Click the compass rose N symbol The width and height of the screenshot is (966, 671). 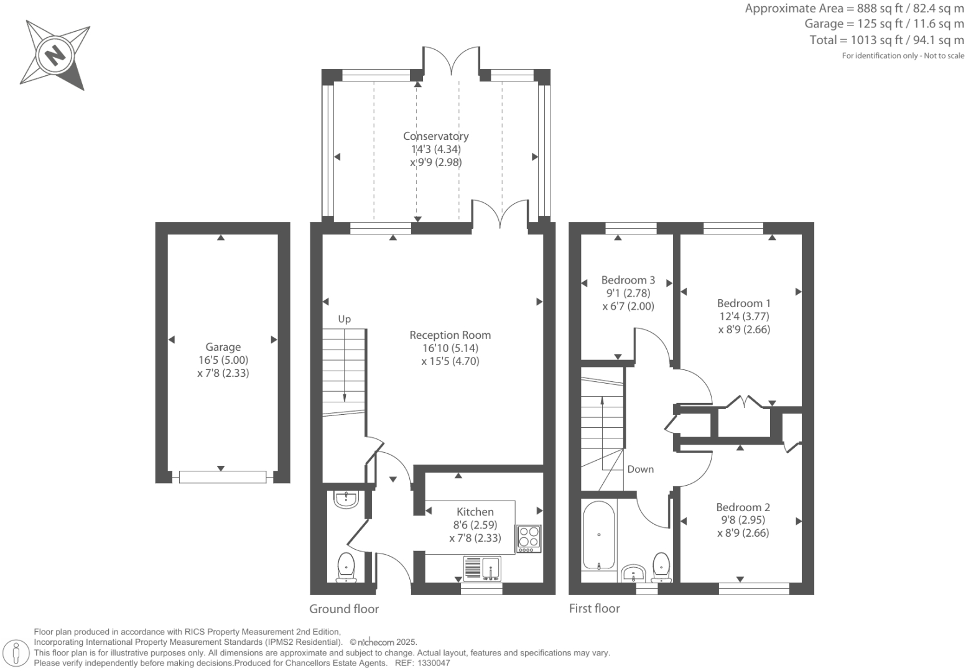coord(55,55)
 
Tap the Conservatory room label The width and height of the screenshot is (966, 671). coord(435,136)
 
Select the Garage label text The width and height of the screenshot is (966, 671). coord(223,347)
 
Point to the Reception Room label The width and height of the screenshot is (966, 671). coord(450,335)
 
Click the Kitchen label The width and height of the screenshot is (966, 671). coord(475,512)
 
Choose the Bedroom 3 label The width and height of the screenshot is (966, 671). coord(628,280)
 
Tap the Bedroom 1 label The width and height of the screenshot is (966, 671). coord(744,303)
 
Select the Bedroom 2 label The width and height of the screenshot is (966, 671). coord(743,507)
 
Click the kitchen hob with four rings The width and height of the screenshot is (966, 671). coord(529,539)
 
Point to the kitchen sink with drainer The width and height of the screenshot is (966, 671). coord(482,568)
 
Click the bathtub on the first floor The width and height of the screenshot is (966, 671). coord(599,535)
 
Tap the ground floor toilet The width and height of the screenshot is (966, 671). coord(346,568)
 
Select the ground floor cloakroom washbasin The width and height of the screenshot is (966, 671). coord(346,499)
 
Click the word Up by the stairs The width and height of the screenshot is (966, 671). coord(344,320)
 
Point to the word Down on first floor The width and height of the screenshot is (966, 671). coord(641,469)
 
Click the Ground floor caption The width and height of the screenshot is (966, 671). coord(344,609)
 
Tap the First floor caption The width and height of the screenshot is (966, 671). coord(594,608)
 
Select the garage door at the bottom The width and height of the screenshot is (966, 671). coord(223,477)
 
